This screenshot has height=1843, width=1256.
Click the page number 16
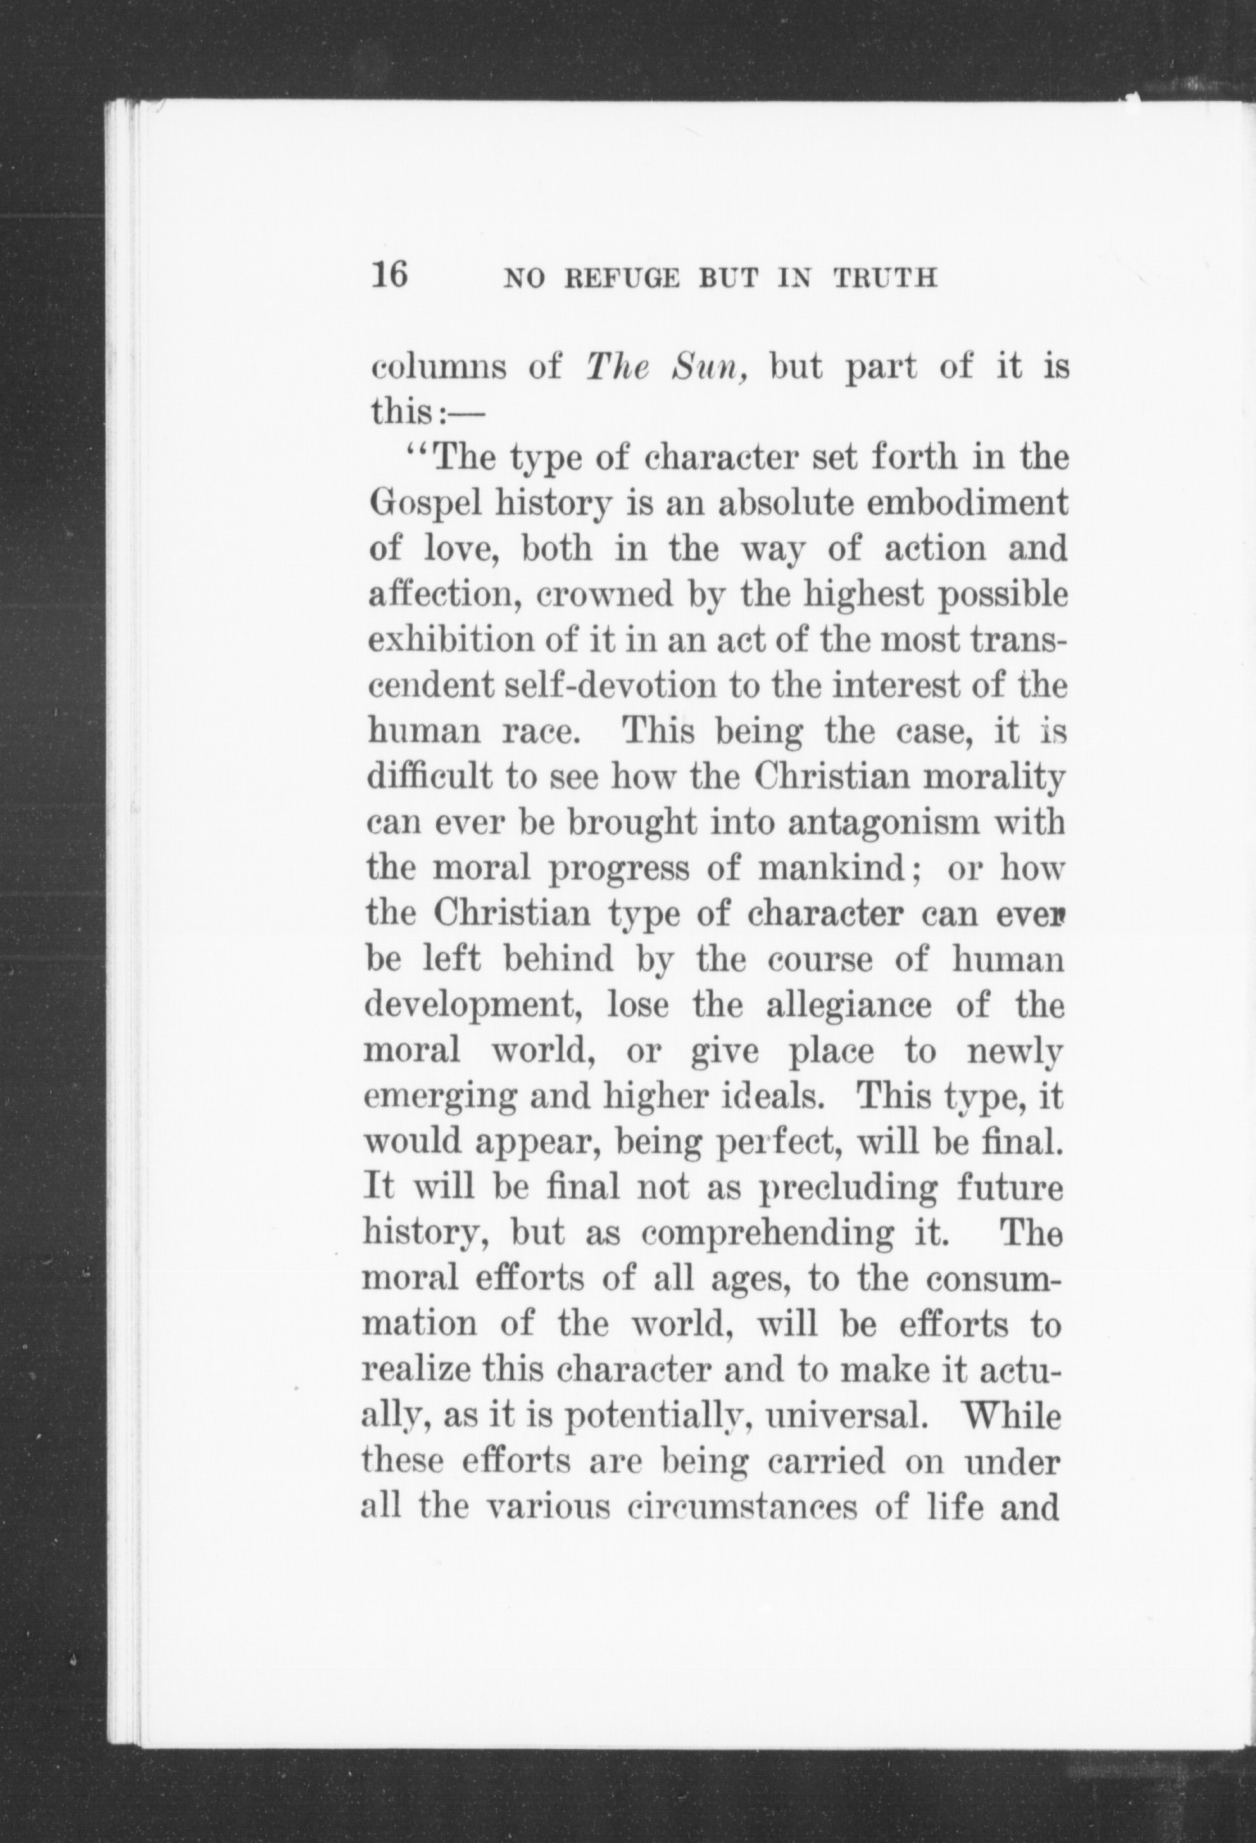(x=389, y=275)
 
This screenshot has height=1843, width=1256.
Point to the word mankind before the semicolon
(x=833, y=868)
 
